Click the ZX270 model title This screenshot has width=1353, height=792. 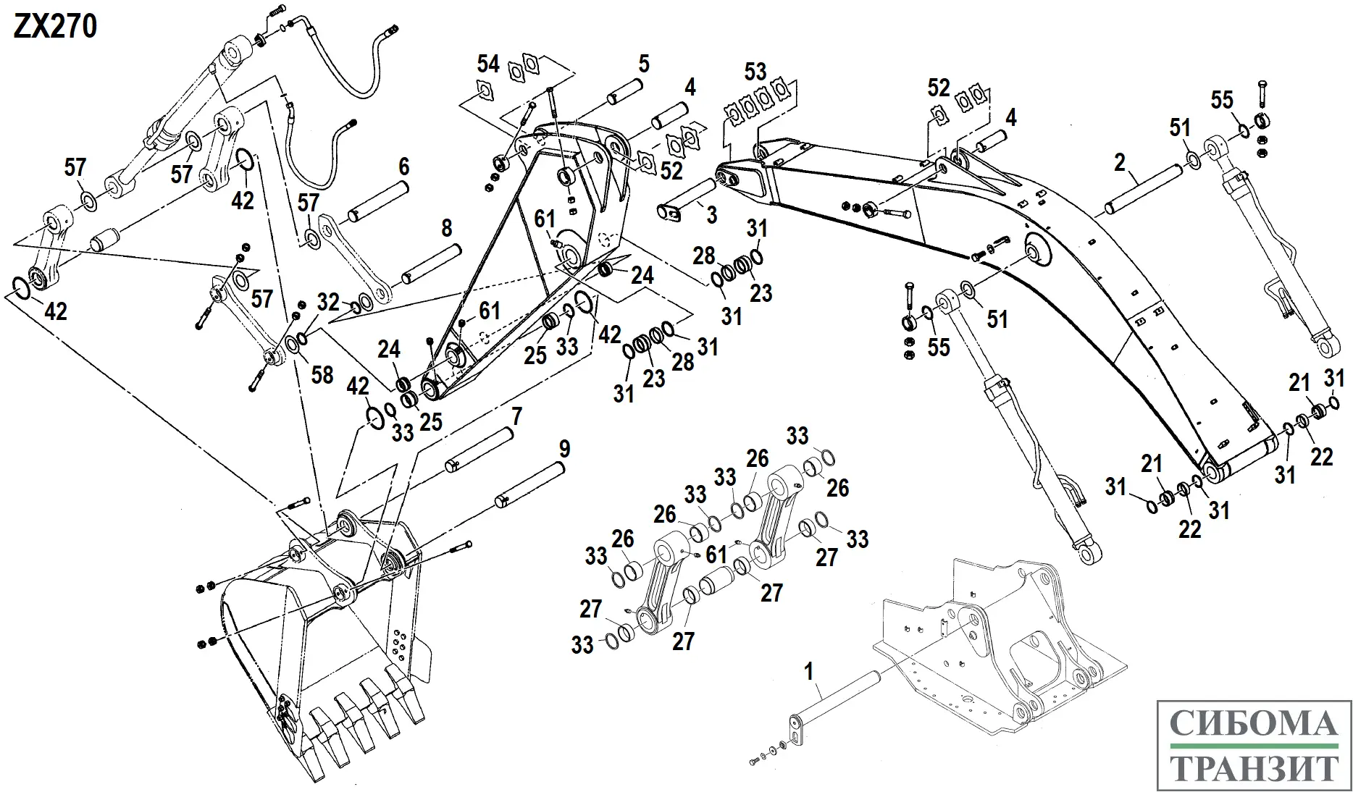(55, 27)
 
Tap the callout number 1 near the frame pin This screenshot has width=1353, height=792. (809, 671)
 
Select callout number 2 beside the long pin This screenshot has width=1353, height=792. (1120, 163)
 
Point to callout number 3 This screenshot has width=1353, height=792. (711, 214)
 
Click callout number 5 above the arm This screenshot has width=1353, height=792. (643, 64)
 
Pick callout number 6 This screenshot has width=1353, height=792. (403, 167)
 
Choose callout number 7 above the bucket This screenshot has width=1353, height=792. (516, 416)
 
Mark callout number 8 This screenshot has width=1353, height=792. (447, 229)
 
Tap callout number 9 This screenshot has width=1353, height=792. (564, 449)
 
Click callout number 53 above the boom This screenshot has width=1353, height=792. (755, 72)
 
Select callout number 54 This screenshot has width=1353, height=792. (488, 64)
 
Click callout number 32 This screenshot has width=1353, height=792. (328, 301)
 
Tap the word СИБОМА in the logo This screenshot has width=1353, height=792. (1254, 723)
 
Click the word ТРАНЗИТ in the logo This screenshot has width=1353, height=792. (1254, 768)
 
